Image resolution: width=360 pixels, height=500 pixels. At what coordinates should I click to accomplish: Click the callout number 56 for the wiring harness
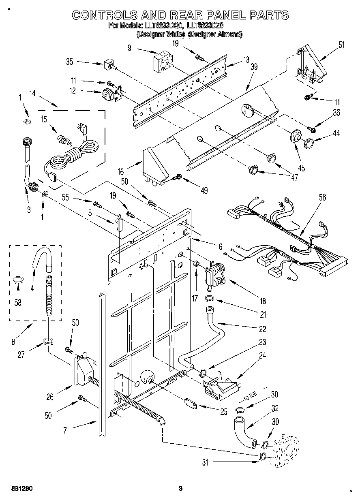[323, 198]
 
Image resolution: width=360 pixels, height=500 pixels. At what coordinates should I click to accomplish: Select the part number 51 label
[341, 45]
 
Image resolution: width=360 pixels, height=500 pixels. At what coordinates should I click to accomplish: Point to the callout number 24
[262, 355]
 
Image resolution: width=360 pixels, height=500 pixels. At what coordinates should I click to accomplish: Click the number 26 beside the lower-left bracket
[50, 397]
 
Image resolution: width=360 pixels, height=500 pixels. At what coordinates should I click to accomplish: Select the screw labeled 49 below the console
[177, 177]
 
